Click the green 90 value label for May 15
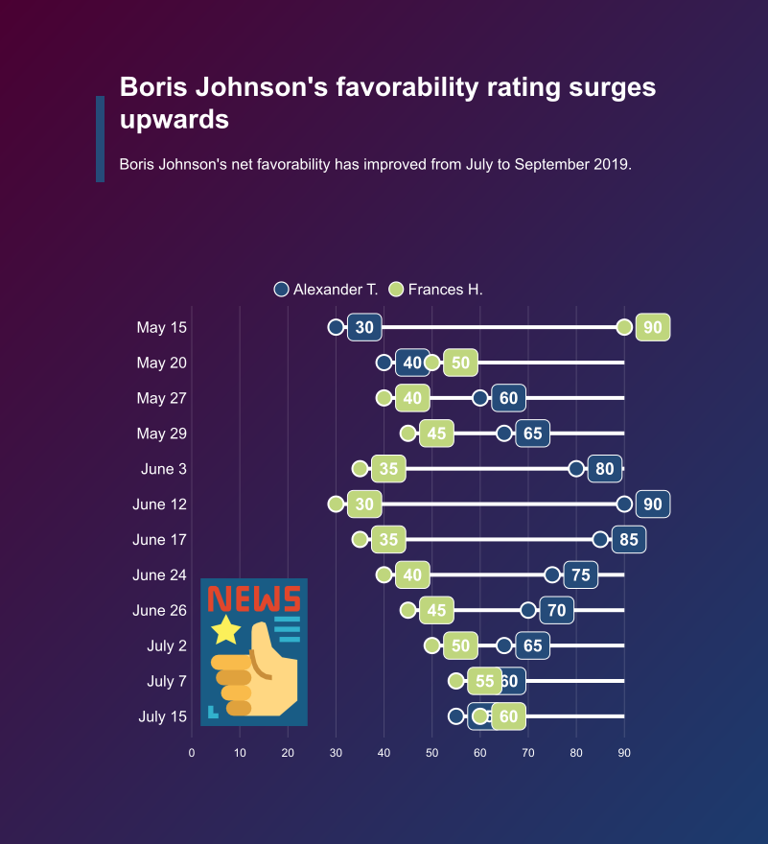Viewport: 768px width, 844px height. (652, 327)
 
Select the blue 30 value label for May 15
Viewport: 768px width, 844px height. (364, 327)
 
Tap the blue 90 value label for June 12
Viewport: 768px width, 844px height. (652, 504)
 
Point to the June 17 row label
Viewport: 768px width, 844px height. (159, 540)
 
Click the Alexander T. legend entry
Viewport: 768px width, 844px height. (325, 289)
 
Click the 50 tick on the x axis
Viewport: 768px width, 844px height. (431, 754)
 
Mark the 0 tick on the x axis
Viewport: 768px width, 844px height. (192, 754)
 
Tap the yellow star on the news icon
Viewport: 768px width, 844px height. (226, 630)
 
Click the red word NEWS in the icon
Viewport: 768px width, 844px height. (254, 599)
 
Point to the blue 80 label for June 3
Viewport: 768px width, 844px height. (605, 469)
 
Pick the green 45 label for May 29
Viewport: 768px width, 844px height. (436, 434)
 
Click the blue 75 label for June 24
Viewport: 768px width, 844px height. (581, 575)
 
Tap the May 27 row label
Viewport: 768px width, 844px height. (161, 398)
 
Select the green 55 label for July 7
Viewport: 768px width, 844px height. (483, 682)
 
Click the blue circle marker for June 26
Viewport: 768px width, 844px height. (528, 610)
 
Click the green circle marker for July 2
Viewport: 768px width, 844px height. (431, 645)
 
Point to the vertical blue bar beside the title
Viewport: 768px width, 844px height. (100, 138)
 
